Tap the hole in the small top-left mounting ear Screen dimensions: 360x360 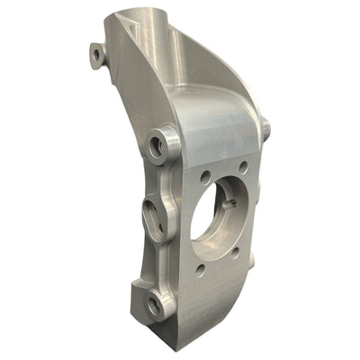[96, 55]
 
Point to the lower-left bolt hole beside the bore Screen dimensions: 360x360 [200, 268]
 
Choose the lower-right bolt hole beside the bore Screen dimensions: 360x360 [236, 253]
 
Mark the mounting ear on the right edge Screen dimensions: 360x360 [265, 129]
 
